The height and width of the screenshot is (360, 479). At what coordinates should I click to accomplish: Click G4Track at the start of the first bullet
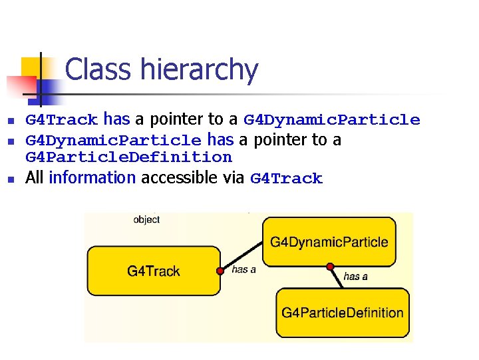[61, 120]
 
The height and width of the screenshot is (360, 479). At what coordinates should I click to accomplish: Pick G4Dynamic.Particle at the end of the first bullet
[331, 120]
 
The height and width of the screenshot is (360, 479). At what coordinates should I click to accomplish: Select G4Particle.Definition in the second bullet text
[128, 157]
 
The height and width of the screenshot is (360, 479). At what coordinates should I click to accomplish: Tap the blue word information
[92, 178]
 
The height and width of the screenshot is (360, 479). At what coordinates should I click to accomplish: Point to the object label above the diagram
[146, 219]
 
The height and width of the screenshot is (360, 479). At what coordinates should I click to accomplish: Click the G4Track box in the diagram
[154, 271]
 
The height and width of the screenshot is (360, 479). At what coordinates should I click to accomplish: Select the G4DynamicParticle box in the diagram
[329, 241]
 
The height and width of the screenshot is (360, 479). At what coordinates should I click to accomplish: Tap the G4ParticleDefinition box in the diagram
[342, 312]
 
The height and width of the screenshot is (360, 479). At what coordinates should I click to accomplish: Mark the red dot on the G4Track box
[220, 271]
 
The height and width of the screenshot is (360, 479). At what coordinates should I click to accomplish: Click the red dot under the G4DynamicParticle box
[329, 267]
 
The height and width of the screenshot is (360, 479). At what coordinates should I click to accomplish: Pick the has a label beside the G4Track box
[243, 269]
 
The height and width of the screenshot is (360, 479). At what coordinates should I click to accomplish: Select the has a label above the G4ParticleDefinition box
[355, 276]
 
